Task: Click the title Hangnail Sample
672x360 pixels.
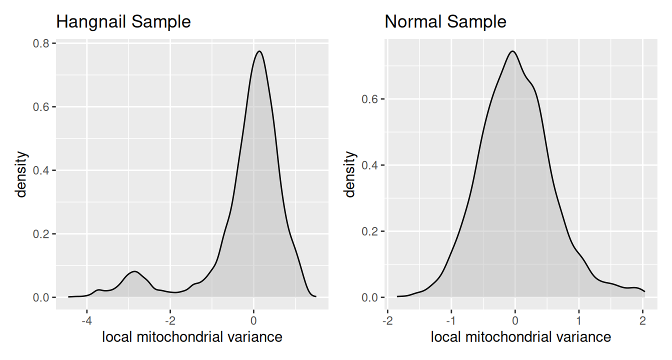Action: coord(123,22)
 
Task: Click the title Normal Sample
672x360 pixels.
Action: coord(445,22)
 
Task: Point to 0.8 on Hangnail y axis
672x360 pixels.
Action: coord(43,43)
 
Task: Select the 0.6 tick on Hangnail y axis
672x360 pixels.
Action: coord(43,107)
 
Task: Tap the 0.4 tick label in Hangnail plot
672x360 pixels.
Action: coord(43,170)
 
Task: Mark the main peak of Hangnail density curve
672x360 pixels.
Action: coord(258,51)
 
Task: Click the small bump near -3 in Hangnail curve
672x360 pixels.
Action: coord(134,271)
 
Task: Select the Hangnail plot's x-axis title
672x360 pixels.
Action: coord(192,337)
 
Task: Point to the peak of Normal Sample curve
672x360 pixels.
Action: coord(513,51)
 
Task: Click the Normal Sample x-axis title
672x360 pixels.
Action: coord(520,337)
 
